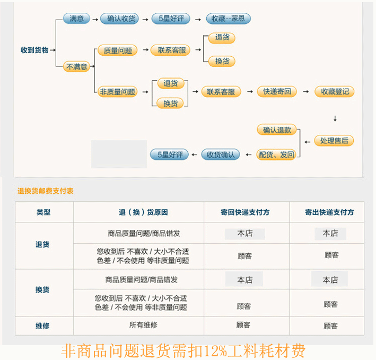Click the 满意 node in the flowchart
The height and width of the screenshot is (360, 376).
[76, 19]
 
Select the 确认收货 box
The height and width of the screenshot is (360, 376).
[121, 19]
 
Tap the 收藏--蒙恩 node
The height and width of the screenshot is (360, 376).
[228, 19]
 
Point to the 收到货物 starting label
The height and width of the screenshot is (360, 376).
[34, 50]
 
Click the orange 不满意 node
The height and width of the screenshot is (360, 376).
[76, 67]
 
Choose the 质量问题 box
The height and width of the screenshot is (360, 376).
[117, 50]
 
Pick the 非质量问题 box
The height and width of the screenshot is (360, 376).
[117, 91]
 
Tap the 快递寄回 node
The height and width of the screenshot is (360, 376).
[277, 91]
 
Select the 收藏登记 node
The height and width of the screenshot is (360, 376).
[335, 91]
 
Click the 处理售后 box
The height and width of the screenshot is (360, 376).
[334, 141]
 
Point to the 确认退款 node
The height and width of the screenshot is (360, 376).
[277, 130]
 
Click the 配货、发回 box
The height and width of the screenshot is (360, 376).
[276, 155]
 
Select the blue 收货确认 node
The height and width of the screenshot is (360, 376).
[220, 155]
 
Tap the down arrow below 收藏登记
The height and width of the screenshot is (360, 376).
[335, 118]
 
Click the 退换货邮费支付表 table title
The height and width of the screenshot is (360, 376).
[45, 191]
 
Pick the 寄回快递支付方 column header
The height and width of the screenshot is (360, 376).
[245, 212]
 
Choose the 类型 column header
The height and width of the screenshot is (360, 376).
[43, 212]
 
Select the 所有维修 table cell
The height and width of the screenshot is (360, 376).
[143, 325]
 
